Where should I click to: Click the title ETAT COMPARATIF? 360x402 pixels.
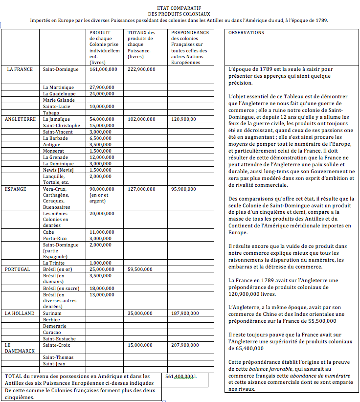coord(179,8)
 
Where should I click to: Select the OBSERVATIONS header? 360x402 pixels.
coord(246,33)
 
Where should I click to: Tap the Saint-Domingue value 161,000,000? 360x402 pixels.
coord(103,69)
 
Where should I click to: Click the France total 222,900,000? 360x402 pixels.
coord(141,69)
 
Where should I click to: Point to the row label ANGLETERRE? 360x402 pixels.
coord(20,119)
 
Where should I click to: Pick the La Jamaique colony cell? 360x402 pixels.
coord(56,119)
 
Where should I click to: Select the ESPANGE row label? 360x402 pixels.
coord(16,189)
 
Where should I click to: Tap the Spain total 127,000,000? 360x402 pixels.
coord(141,189)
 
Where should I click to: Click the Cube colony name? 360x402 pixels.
coord(48,232)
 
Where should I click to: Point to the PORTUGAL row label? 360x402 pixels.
coord(18,269)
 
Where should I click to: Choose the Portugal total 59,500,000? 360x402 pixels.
coord(140,269)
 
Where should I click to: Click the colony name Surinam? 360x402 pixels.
coord(52,313)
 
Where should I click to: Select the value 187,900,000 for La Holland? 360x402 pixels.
coord(185,313)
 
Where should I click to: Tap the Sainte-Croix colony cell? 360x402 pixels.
coord(56,345)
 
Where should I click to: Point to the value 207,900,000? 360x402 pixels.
coord(185,345)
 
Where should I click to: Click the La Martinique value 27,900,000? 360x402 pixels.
coord(102,88)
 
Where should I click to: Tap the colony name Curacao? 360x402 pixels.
coord(52,333)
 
